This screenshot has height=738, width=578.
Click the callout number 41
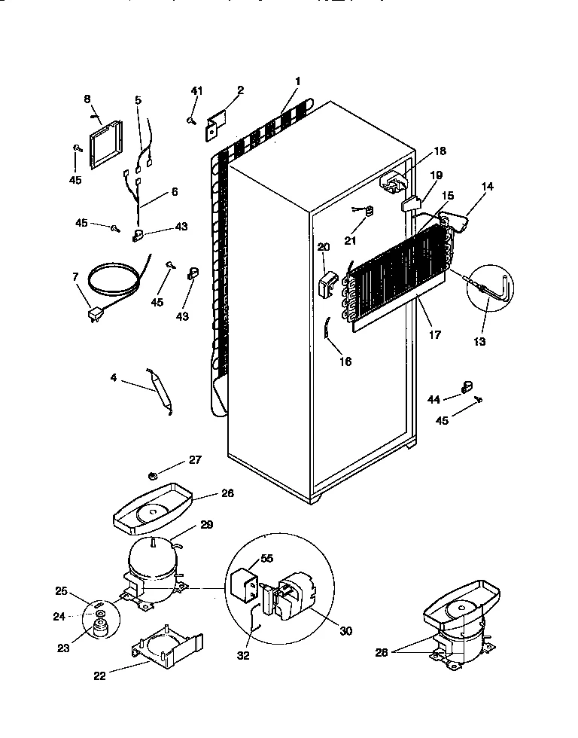click(196, 91)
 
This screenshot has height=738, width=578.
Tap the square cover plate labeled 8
click(104, 143)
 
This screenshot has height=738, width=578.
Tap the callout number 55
click(267, 560)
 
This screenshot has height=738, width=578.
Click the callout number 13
click(479, 341)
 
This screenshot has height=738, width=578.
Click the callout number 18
click(440, 151)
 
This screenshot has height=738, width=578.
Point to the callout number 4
click(114, 378)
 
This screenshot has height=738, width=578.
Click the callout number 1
click(298, 81)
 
